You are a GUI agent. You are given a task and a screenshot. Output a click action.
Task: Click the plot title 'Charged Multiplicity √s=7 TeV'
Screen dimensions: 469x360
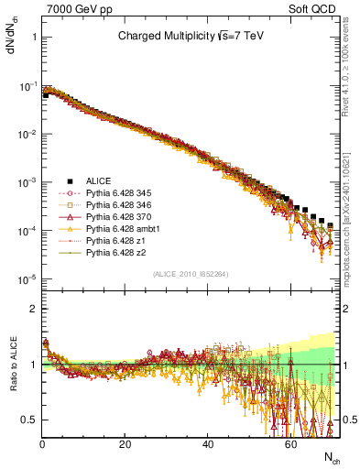(191, 37)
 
